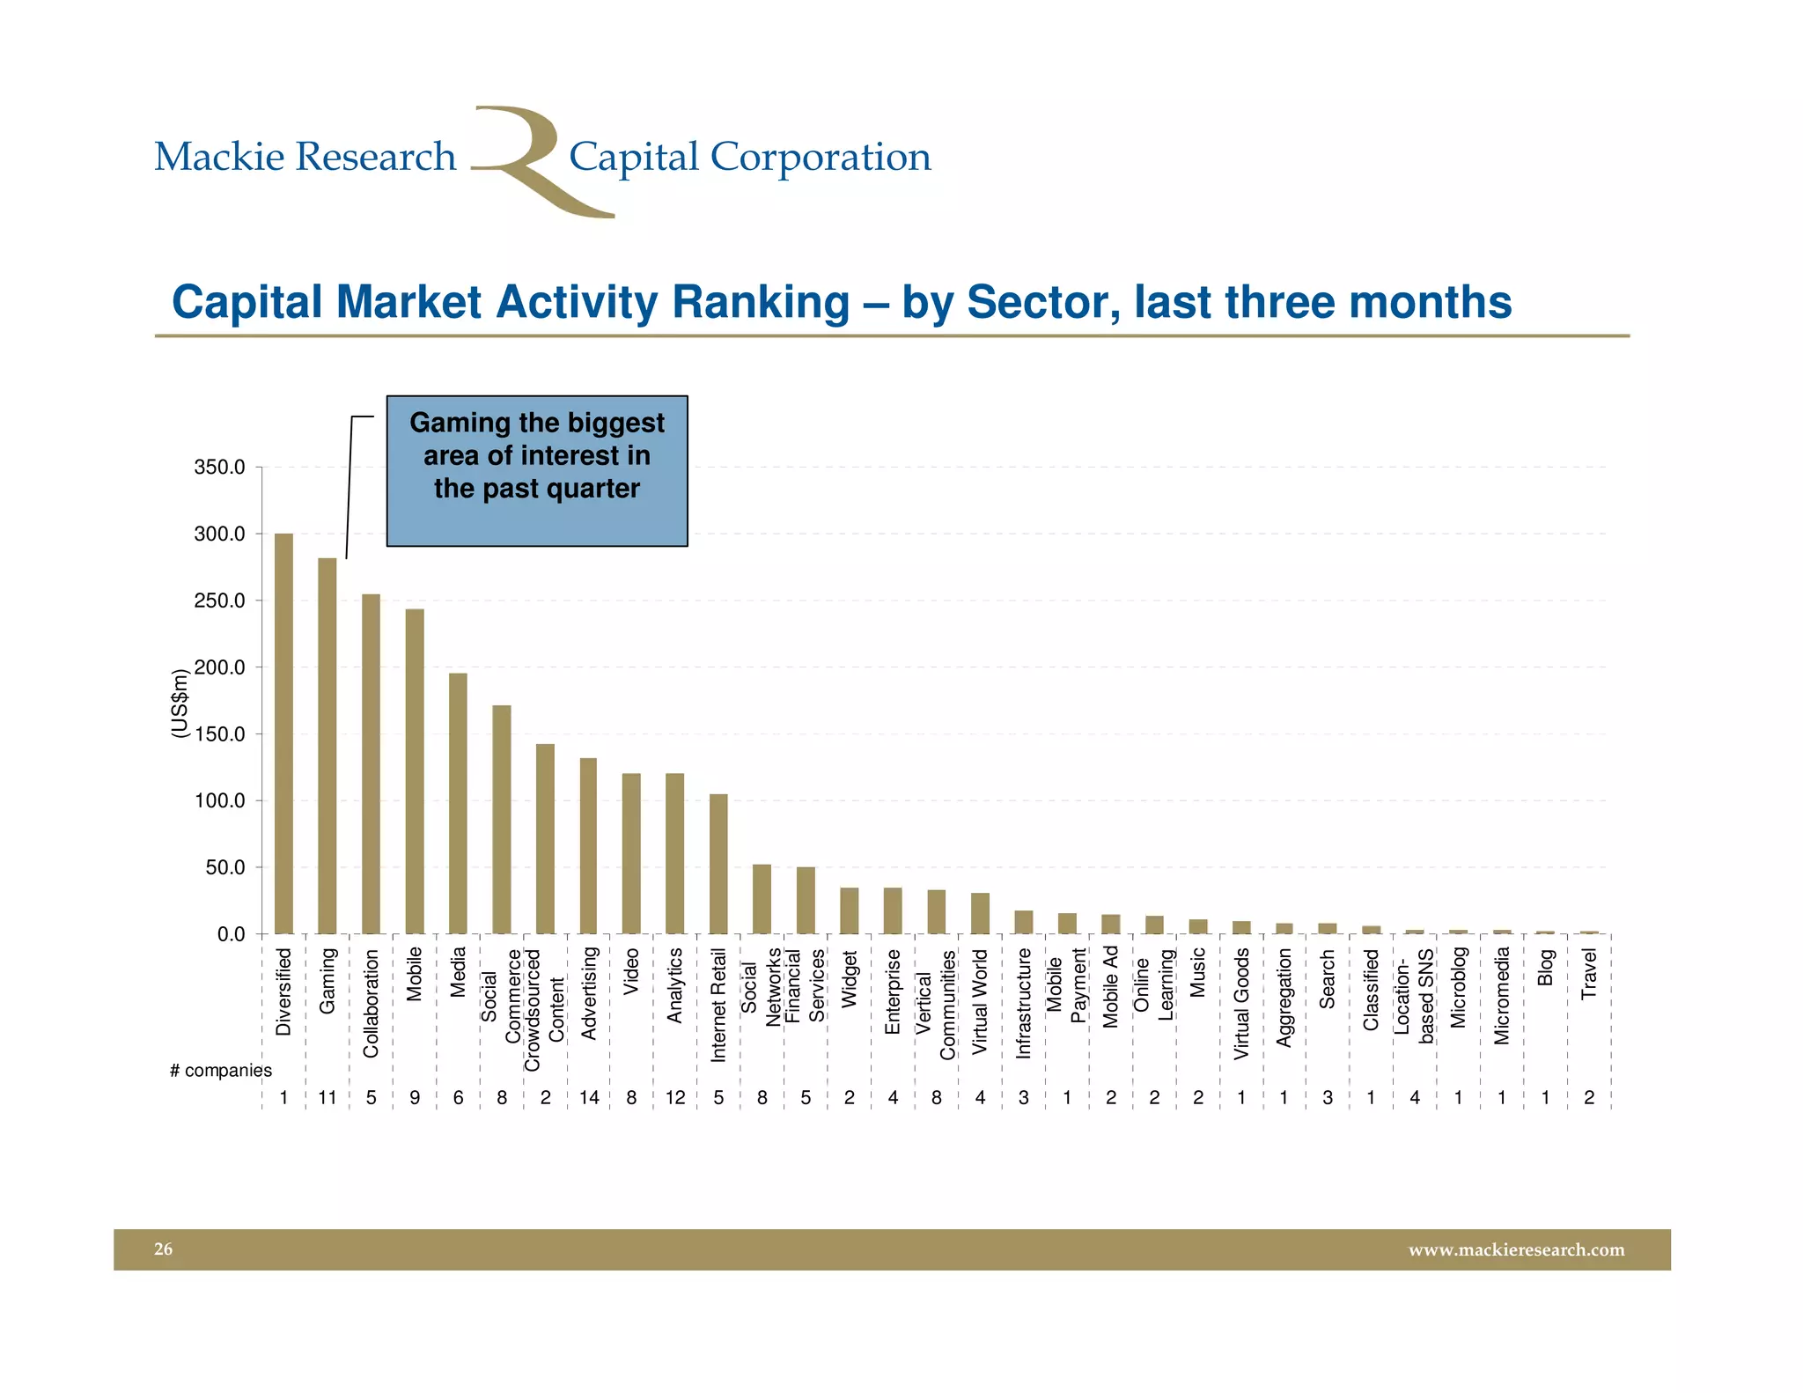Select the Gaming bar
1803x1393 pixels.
click(x=327, y=746)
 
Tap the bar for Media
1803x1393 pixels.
click(x=458, y=803)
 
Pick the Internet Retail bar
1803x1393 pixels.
click(x=718, y=864)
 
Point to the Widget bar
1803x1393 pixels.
click(x=849, y=910)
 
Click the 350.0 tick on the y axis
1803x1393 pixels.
click(x=219, y=468)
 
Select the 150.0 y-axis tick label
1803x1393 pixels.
click(x=219, y=734)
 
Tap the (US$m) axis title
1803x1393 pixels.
click(x=180, y=704)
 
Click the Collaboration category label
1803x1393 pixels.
click(x=371, y=1003)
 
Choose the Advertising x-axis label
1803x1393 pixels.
click(x=589, y=993)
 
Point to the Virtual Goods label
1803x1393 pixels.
click(x=1241, y=1003)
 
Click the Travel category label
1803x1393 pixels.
click(x=1588, y=974)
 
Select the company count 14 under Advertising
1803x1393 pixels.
click(x=589, y=1098)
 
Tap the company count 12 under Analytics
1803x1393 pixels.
click(x=675, y=1098)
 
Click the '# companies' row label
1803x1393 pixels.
click(x=220, y=1071)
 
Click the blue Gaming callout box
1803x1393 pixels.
click(x=537, y=471)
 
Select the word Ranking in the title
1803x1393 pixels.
click(x=762, y=302)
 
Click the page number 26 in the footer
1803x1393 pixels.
click(x=164, y=1249)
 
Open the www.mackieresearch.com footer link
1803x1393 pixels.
click(x=1516, y=1249)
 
